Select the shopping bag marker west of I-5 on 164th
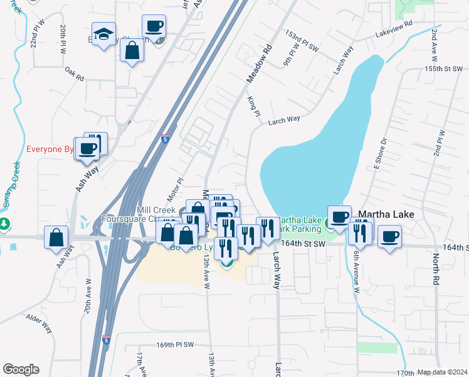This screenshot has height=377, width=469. tap(56, 238)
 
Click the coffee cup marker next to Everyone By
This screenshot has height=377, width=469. tap(87, 148)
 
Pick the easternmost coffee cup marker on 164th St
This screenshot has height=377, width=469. tap(389, 237)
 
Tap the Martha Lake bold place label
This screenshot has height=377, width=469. tap(386, 214)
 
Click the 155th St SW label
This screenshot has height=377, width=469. tap(443, 68)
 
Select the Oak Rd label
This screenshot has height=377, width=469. tap(73, 75)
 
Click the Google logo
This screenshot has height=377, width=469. tap(21, 369)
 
